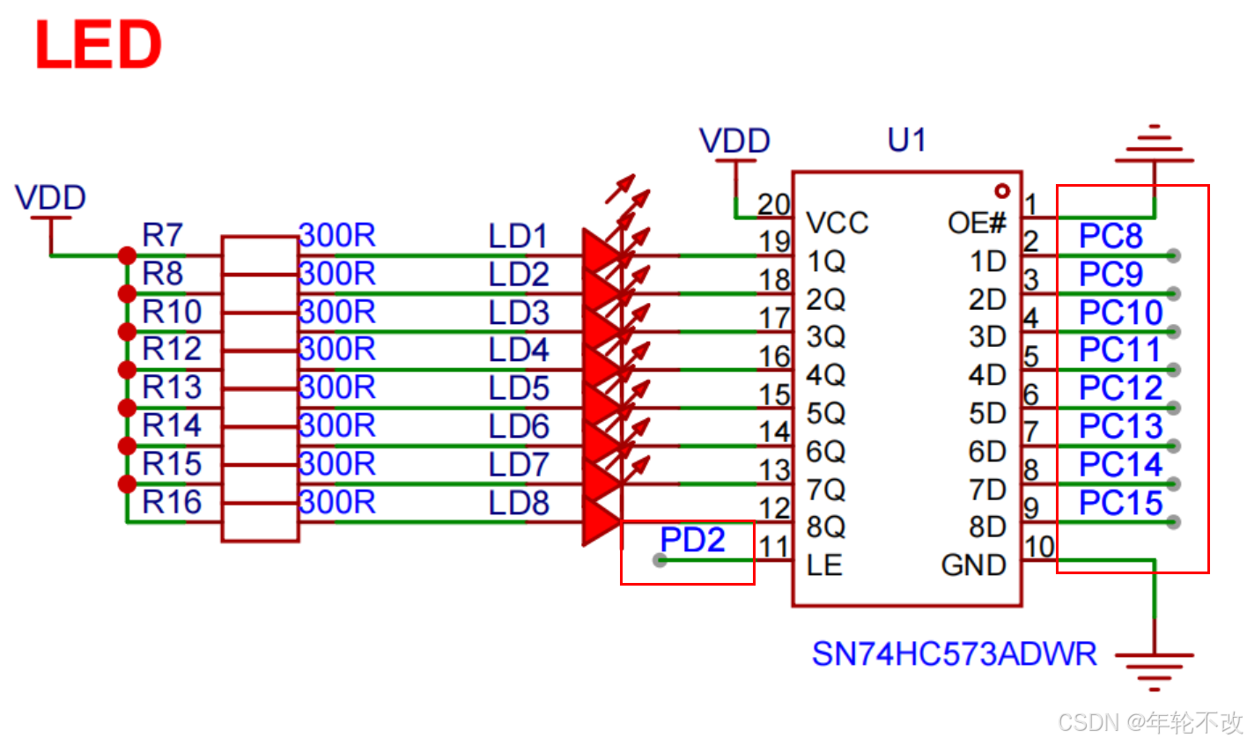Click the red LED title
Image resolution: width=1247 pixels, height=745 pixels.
(98, 46)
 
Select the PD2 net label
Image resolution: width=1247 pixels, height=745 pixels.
(692, 540)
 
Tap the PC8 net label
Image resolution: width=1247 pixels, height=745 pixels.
(1110, 236)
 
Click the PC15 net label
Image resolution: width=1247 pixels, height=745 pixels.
(1121, 503)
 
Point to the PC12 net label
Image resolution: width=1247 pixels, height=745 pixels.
(1121, 388)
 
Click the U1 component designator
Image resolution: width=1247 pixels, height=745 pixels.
(906, 140)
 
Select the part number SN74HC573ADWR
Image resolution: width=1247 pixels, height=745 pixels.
(954, 654)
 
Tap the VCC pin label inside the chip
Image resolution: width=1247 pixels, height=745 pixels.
(837, 223)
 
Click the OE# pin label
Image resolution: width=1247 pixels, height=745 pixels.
(977, 223)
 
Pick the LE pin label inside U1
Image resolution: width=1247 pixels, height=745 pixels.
(824, 565)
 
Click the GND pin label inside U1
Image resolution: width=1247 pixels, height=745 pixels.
(973, 565)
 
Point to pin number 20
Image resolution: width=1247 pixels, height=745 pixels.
(774, 204)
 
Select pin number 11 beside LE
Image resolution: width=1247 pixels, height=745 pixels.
(774, 547)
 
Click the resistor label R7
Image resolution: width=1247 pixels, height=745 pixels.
(162, 235)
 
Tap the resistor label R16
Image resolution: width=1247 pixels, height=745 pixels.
(172, 502)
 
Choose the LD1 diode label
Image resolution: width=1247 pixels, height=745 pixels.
(518, 236)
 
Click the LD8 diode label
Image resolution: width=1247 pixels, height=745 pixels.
(519, 503)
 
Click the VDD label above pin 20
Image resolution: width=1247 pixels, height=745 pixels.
(734, 141)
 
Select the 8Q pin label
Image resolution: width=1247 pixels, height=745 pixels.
(826, 527)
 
